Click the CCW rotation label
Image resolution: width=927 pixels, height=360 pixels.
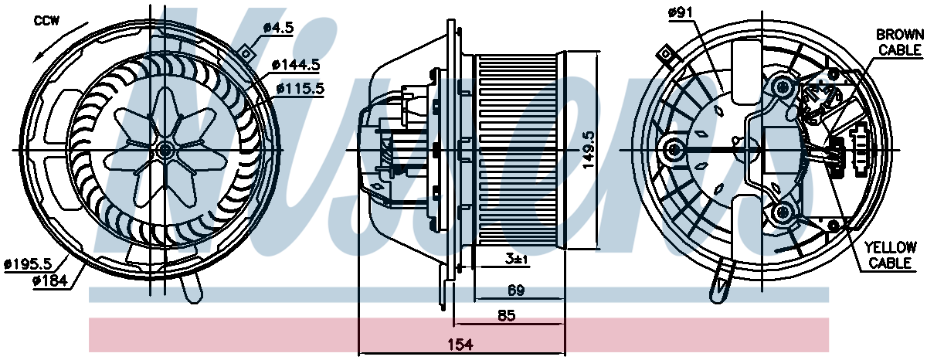(x=47, y=21)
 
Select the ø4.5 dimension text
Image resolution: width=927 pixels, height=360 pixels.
(x=279, y=28)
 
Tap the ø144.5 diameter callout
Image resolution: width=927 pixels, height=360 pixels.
(x=296, y=65)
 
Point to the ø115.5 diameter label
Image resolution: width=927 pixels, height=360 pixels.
(x=301, y=89)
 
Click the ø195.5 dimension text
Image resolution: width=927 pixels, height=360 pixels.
(x=28, y=263)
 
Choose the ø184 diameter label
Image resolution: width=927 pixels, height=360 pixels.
(x=49, y=281)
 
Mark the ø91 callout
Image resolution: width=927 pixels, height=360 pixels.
(x=680, y=13)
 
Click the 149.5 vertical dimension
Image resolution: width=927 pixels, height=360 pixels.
(x=588, y=149)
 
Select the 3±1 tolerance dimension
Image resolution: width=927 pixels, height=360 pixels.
(x=517, y=260)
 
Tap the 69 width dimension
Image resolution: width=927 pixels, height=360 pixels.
(x=516, y=290)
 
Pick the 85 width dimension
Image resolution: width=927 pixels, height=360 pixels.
(x=507, y=316)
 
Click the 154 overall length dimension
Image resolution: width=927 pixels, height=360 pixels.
(x=460, y=345)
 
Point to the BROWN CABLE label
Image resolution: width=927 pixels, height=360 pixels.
(x=900, y=42)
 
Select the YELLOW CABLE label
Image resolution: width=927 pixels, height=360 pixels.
(x=890, y=255)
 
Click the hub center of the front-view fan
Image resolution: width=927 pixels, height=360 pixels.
(x=165, y=150)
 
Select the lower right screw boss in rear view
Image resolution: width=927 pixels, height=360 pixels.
(x=782, y=212)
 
